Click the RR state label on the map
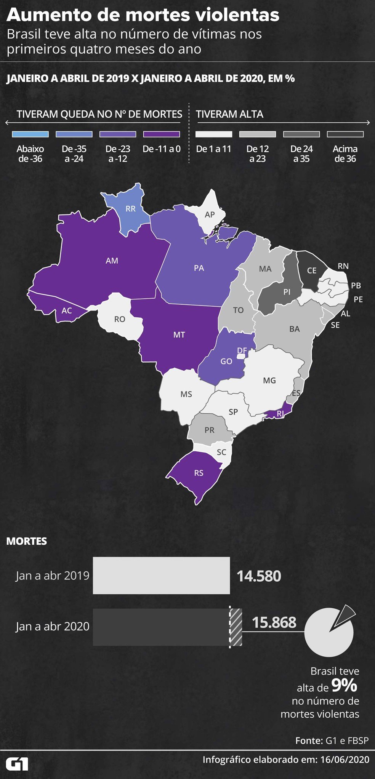click(x=130, y=209)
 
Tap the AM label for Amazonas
click(x=112, y=261)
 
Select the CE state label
click(x=312, y=270)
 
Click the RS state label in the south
click(x=199, y=473)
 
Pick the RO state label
click(x=120, y=319)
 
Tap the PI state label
click(x=287, y=292)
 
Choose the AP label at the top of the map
click(x=210, y=215)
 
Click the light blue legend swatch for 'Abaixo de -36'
click(x=30, y=134)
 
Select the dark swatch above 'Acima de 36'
click(x=345, y=134)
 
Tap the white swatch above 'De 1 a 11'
click(x=213, y=134)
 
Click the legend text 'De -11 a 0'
click(x=161, y=149)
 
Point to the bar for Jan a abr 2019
click(x=161, y=575)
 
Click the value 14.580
click(x=259, y=576)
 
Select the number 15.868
click(x=274, y=622)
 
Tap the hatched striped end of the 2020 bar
click(x=236, y=627)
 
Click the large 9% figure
click(x=344, y=685)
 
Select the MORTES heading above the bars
click(x=27, y=541)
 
